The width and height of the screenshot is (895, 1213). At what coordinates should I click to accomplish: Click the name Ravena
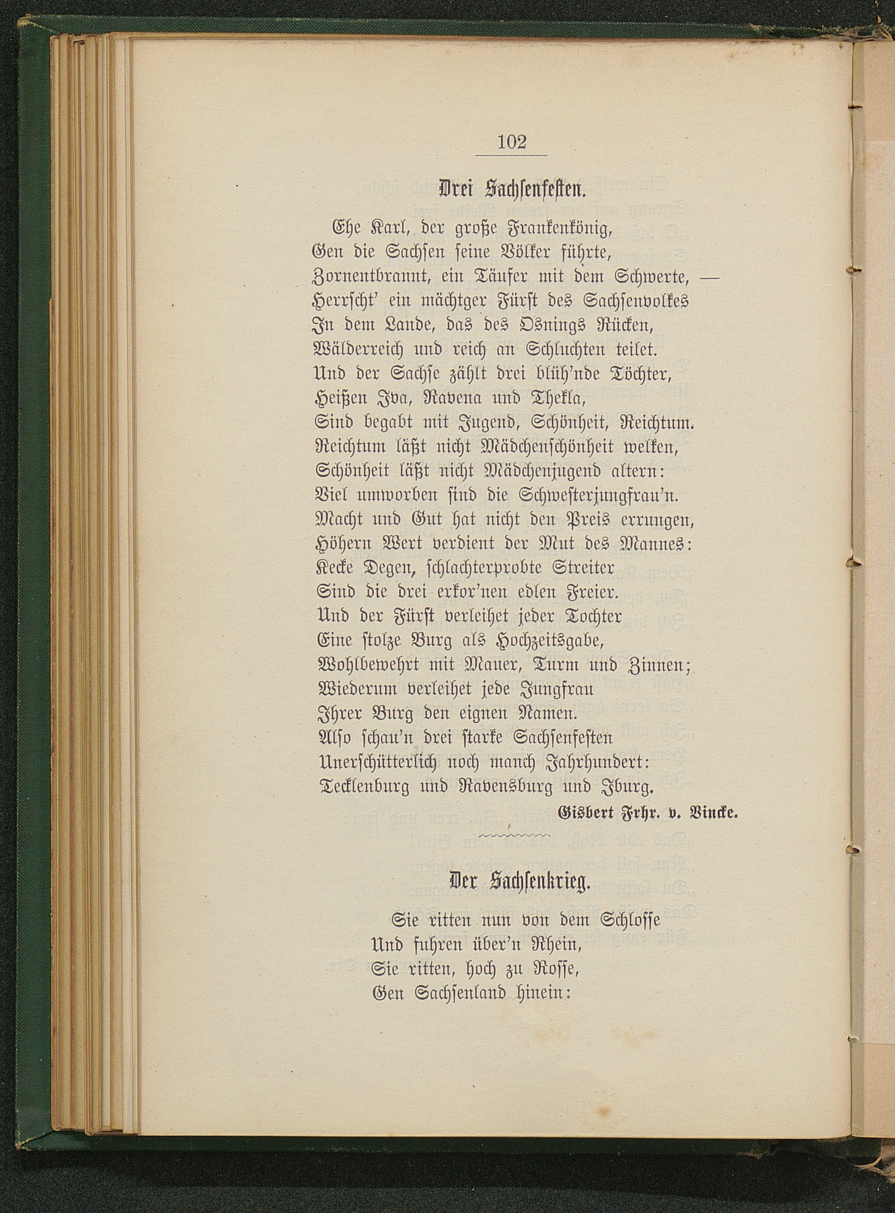pyautogui.click(x=460, y=398)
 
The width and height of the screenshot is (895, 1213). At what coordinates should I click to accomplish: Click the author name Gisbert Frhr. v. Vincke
pyautogui.click(x=648, y=813)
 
